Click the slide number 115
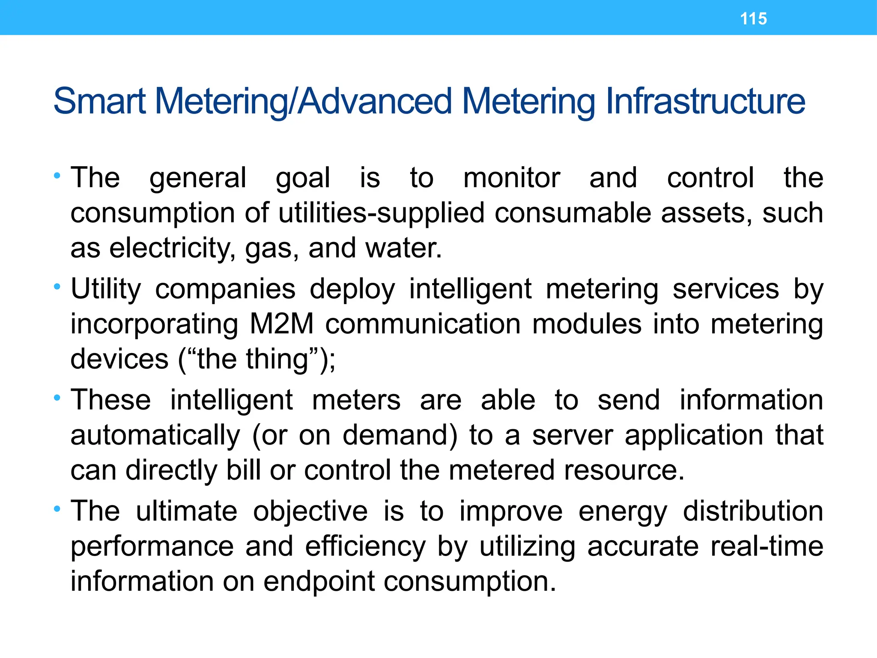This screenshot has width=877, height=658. click(753, 19)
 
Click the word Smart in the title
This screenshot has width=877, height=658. click(100, 102)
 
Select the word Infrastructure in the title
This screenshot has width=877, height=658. click(705, 102)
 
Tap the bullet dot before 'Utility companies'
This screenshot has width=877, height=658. click(57, 286)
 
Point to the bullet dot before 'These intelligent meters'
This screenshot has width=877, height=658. click(57, 398)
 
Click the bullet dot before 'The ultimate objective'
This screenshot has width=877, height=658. click(57, 508)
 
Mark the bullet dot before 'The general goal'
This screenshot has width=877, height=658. click(57, 175)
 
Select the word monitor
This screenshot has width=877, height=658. click(511, 178)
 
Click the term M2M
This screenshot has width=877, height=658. click(282, 324)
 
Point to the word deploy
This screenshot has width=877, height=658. click(352, 289)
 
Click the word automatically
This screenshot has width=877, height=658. click(155, 436)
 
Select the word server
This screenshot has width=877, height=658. click(573, 436)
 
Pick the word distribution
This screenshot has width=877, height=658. click(753, 511)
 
